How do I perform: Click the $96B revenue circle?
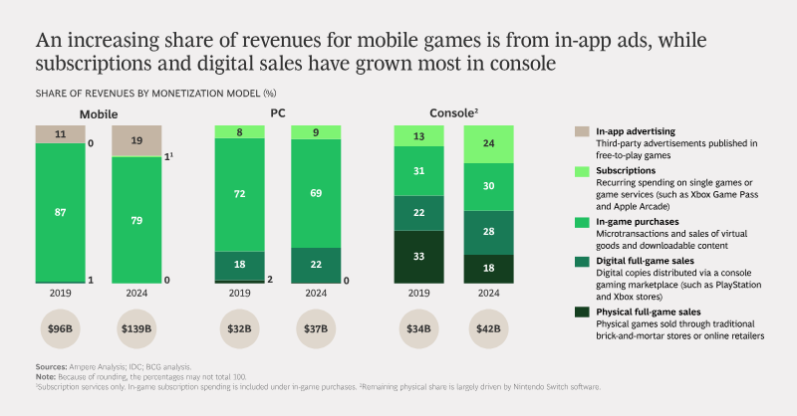click(x=60, y=328)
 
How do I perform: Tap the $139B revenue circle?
click(x=136, y=328)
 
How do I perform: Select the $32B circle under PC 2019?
click(x=239, y=328)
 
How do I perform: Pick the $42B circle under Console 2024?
click(x=488, y=328)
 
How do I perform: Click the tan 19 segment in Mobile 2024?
click(x=136, y=141)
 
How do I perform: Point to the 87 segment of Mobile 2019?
click(x=61, y=212)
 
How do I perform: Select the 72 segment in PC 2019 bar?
click(x=239, y=194)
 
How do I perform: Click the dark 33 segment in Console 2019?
click(x=418, y=257)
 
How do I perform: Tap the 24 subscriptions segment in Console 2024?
click(x=488, y=144)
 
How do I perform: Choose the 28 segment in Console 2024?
click(x=488, y=233)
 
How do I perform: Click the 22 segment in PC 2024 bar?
click(x=316, y=266)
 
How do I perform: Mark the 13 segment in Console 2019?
click(x=418, y=136)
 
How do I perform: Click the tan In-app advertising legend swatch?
click(x=582, y=131)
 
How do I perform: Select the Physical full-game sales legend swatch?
click(x=582, y=312)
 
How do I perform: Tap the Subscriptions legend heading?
click(x=626, y=170)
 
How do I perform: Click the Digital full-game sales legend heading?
click(x=645, y=261)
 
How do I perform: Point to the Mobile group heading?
click(x=99, y=114)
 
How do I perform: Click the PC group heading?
click(x=278, y=113)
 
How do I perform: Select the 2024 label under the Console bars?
click(x=488, y=293)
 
